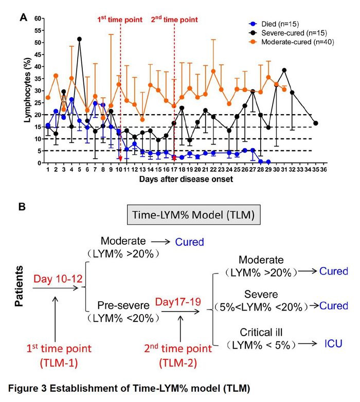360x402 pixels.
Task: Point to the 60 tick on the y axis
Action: [x=38, y=19]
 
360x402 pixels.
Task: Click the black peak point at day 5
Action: [x=79, y=39]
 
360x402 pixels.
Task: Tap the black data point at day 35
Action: [x=315, y=123]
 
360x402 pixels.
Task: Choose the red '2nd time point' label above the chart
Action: [x=174, y=20]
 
